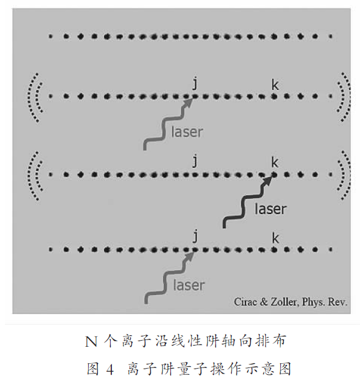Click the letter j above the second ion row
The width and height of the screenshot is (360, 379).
click(195, 83)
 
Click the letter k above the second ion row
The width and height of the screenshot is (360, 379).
click(275, 85)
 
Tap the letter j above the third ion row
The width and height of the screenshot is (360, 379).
click(195, 161)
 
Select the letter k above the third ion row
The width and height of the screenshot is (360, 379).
click(275, 162)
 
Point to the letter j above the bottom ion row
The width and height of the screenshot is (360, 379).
click(195, 236)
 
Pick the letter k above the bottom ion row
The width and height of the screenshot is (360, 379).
click(275, 238)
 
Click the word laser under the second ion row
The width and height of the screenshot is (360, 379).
click(187, 132)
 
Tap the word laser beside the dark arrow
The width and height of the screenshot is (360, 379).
click(271, 209)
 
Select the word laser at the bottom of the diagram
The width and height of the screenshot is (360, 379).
click(189, 285)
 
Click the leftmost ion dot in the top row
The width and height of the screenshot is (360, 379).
click(50, 37)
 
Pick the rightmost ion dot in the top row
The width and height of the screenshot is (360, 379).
click(331, 37)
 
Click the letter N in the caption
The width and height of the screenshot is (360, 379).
click(91, 342)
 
